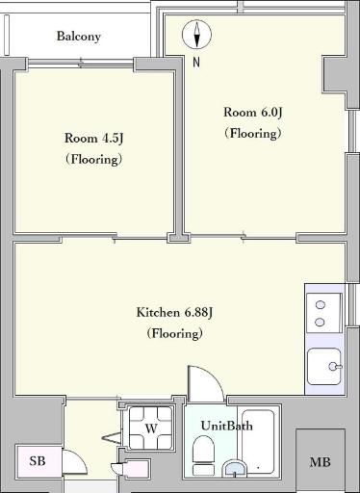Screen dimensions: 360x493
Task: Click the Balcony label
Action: coord(79,37)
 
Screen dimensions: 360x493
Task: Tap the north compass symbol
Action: coord(196,35)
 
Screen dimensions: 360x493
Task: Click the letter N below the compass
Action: coord(196,62)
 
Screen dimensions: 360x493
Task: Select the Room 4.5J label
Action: coord(94,139)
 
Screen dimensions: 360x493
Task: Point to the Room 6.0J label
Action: coord(253,113)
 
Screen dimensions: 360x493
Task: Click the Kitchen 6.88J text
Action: coord(174,312)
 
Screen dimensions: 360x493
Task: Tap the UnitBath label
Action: coord(227,426)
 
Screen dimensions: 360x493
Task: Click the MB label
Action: coord(320,462)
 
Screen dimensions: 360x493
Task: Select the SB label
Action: coord(38,461)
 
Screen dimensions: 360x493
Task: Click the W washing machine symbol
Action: coord(151,428)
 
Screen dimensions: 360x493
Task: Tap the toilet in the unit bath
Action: coord(203,455)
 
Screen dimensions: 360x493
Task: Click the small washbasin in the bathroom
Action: coord(235,469)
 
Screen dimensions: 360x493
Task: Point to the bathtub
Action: coord(258,442)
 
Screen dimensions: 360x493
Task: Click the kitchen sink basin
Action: coord(323,367)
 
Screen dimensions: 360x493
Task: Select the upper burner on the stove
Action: coord(321,305)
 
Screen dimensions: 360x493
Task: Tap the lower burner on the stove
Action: coord(320,322)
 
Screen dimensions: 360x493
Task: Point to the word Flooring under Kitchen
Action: coord(175,333)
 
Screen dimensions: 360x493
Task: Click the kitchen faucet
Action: coord(335,366)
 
